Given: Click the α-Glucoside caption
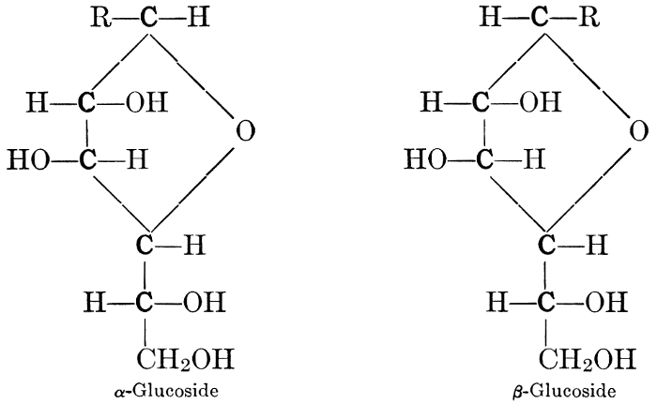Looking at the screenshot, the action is click(x=166, y=391).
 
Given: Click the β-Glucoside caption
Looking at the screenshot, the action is click(x=564, y=392).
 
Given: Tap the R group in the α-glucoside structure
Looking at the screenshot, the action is click(x=101, y=18).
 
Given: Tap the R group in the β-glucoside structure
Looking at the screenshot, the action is click(x=588, y=18).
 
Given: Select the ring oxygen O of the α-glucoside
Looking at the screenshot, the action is click(x=245, y=130).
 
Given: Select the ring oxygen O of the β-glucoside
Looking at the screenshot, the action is click(x=638, y=130).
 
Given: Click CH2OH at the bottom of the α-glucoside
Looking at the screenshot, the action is click(x=185, y=359).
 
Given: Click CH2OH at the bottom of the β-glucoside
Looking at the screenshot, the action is click(x=587, y=359).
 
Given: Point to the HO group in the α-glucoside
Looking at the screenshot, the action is click(x=28, y=160).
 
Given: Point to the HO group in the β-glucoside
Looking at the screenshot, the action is click(x=425, y=160).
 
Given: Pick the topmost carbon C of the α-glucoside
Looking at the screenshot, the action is click(x=147, y=18).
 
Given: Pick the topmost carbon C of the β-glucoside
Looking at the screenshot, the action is click(x=540, y=18).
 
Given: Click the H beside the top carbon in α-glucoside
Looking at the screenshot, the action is click(x=198, y=18).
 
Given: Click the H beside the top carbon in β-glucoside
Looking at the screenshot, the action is click(x=490, y=18).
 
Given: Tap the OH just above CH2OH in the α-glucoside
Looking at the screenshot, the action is click(x=205, y=302).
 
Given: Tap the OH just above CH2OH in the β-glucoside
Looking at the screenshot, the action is click(x=606, y=302).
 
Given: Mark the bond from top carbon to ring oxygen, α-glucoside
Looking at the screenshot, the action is click(x=191, y=76).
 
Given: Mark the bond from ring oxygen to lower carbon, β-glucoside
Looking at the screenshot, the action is click(x=588, y=189).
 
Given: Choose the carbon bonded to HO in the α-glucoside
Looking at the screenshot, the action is click(x=87, y=160).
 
